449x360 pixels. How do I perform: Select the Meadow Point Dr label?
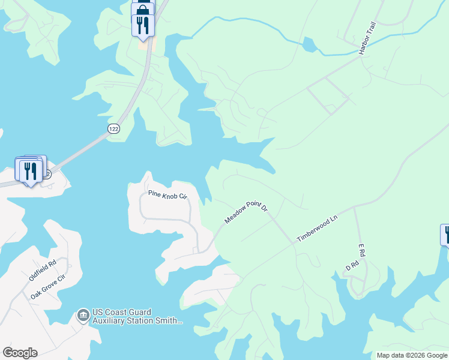point(246,213)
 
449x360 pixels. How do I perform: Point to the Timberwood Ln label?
point(318,229)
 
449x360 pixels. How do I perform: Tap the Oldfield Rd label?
point(43,271)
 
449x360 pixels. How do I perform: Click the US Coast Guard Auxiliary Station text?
point(137,316)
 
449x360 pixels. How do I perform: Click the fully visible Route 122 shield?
point(113,129)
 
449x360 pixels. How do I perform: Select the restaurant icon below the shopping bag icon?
point(143,25)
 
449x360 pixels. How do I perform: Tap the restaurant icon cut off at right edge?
point(445,235)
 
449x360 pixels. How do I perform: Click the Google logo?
point(20,353)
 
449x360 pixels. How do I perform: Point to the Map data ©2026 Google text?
point(412,355)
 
